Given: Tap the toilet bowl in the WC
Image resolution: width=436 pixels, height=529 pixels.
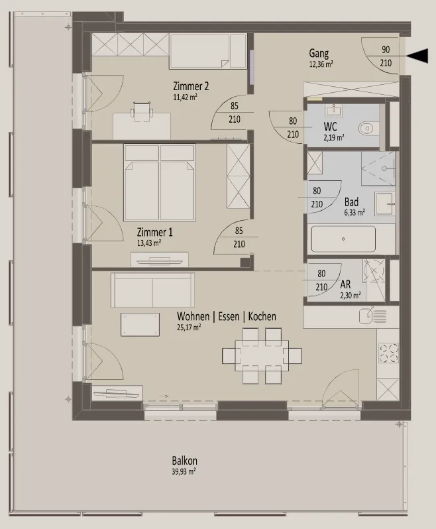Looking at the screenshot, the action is pyautogui.click(x=366, y=129).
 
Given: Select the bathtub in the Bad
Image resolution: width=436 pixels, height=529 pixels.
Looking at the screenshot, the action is pyautogui.click(x=343, y=239).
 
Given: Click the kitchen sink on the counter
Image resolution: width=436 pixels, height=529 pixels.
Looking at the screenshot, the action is pyautogui.click(x=372, y=316).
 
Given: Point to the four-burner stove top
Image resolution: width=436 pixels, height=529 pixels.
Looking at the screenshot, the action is pyautogui.click(x=388, y=353).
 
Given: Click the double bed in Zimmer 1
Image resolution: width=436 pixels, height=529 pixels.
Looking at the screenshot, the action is pyautogui.click(x=160, y=182).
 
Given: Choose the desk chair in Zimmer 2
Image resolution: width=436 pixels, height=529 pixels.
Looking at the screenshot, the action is pyautogui.click(x=142, y=111).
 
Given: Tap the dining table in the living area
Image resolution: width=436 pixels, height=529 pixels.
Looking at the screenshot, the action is pyautogui.click(x=262, y=355).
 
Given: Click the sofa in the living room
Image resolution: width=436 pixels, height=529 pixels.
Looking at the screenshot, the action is pyautogui.click(x=153, y=290).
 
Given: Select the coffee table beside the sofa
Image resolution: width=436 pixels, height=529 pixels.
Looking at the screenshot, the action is pyautogui.click(x=140, y=325).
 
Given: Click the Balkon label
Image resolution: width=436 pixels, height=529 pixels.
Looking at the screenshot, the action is pyautogui.click(x=184, y=461).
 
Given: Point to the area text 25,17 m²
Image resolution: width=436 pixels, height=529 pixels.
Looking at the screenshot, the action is pyautogui.click(x=189, y=327).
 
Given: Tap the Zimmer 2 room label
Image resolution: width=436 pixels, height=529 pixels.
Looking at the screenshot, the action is pyautogui.click(x=191, y=86).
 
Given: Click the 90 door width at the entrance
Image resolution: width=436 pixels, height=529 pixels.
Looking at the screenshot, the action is pyautogui.click(x=386, y=49).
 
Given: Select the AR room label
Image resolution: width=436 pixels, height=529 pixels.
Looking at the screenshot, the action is pyautogui.click(x=345, y=284).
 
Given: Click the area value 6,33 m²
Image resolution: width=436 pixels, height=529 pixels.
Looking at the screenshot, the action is pyautogui.click(x=354, y=213).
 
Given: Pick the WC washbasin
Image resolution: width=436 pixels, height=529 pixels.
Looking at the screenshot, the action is pyautogui.click(x=333, y=110).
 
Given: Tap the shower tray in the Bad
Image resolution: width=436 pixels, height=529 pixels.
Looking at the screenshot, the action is pyautogui.click(x=378, y=168).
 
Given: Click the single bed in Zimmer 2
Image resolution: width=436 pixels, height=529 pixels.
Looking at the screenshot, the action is pyautogui.click(x=207, y=51).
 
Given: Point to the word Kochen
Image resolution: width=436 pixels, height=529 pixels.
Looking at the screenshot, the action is pyautogui.click(x=262, y=316).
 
